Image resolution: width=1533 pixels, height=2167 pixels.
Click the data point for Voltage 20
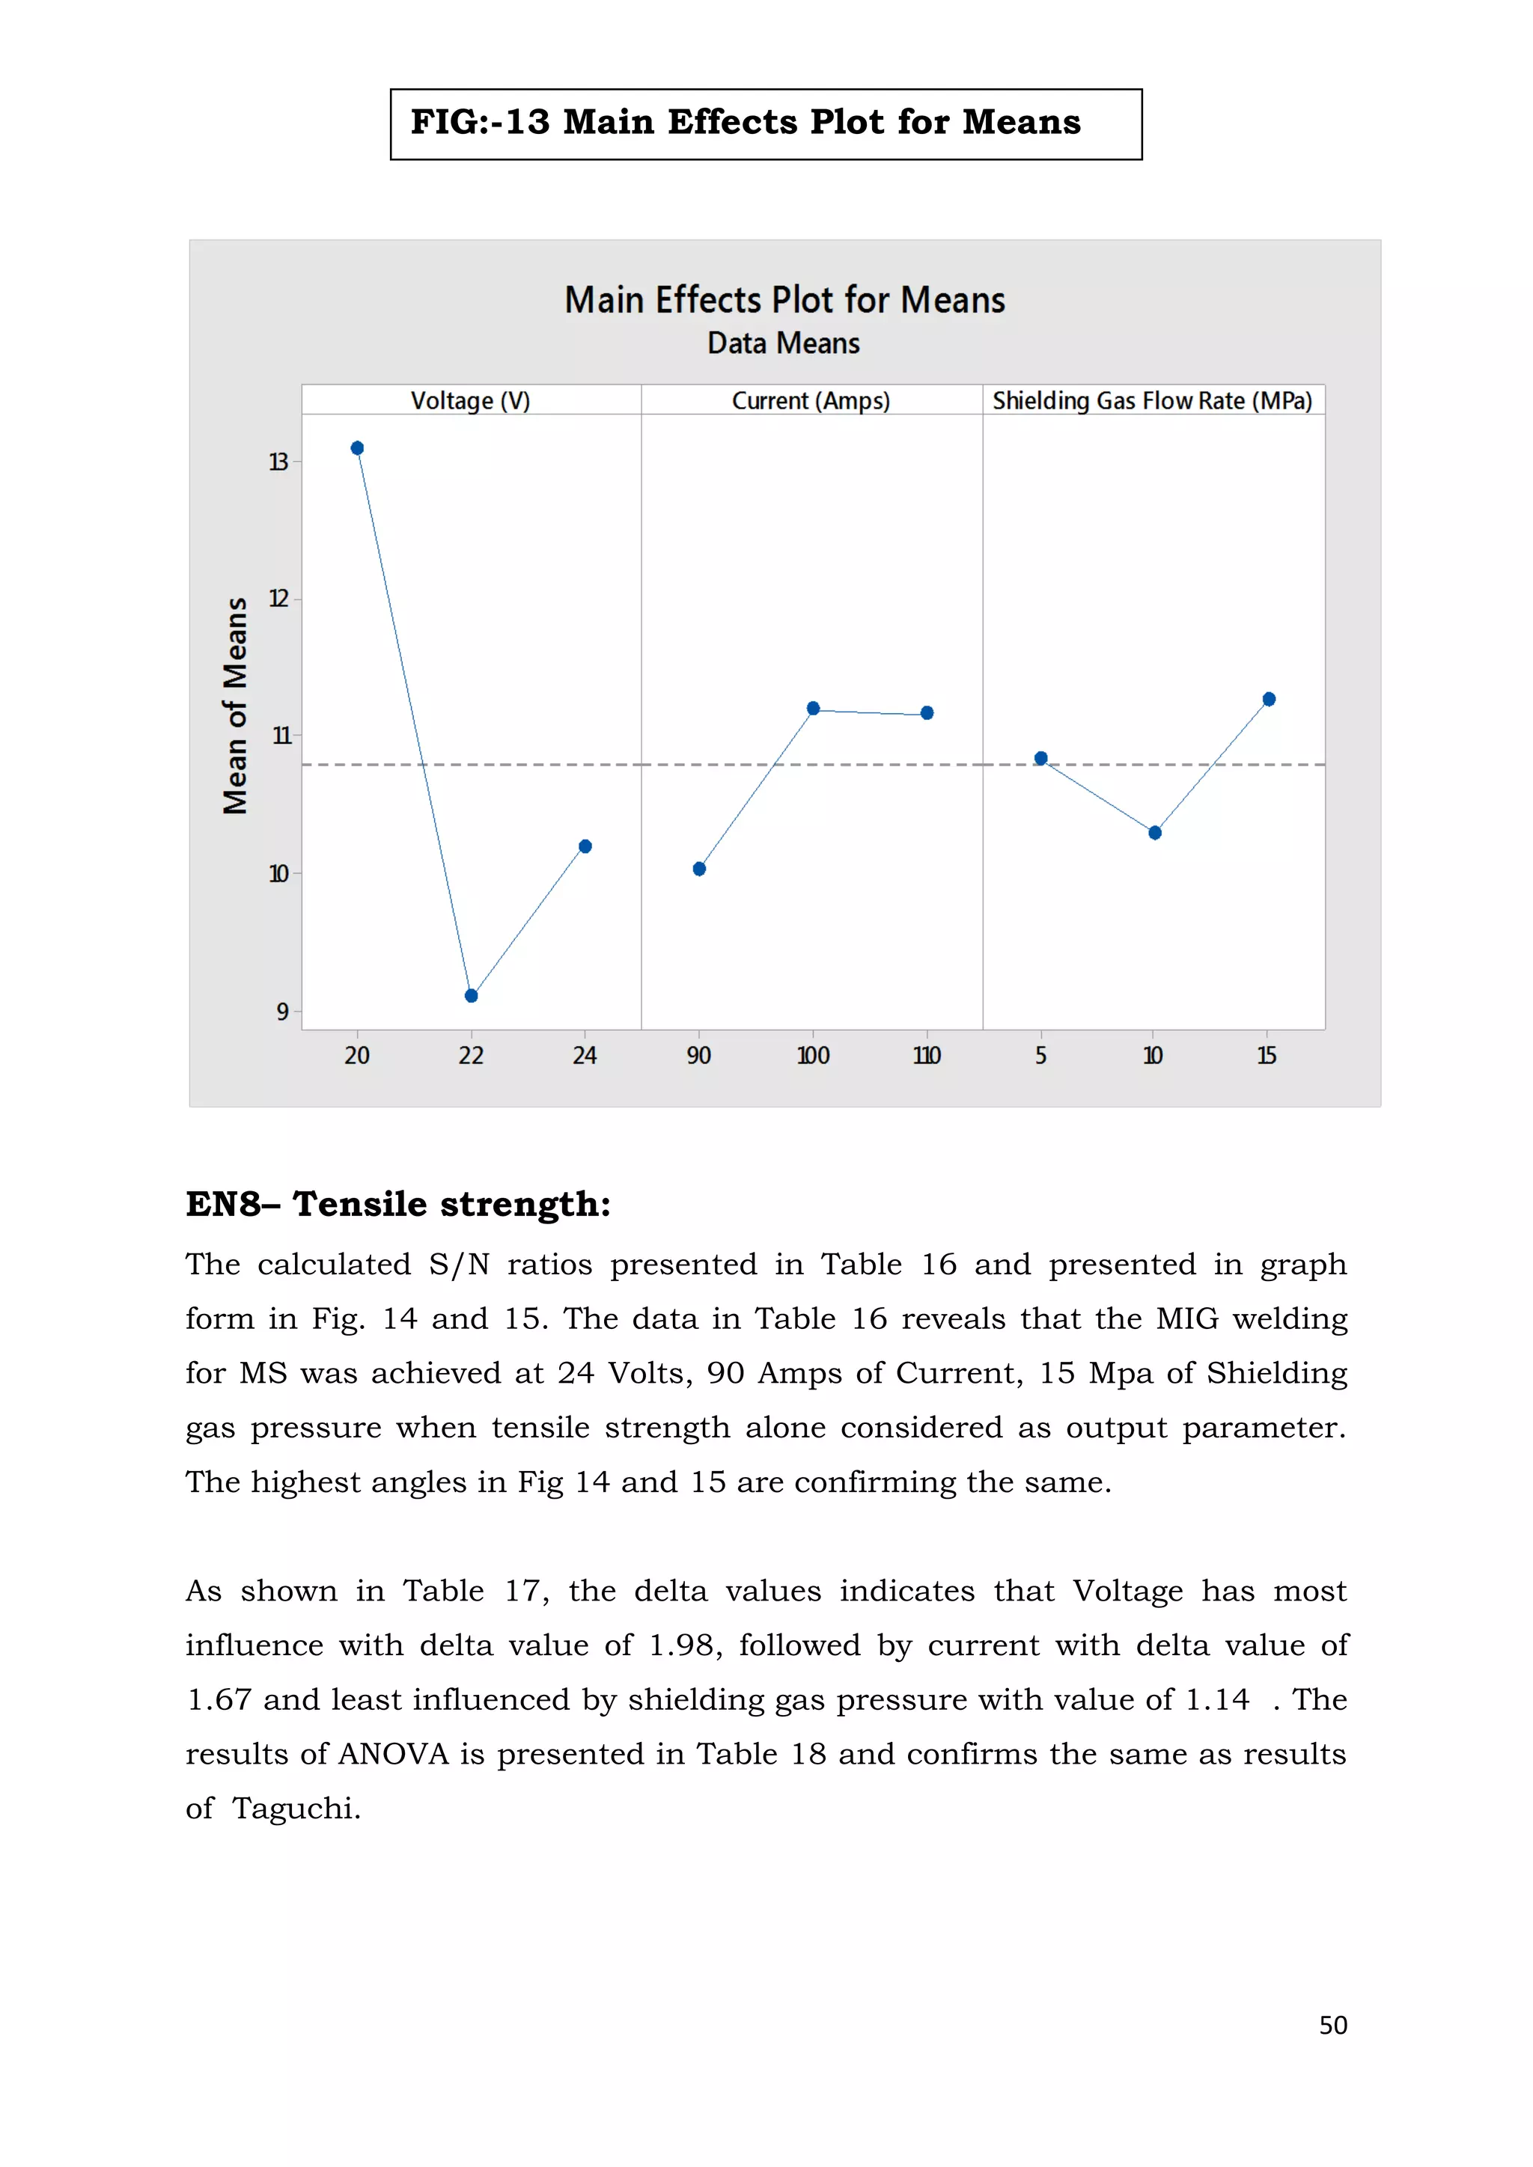pyautogui.click(x=357, y=448)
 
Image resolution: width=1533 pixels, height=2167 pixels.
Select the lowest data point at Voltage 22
pyautogui.click(x=471, y=996)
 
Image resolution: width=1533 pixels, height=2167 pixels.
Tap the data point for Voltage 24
pyautogui.click(x=585, y=846)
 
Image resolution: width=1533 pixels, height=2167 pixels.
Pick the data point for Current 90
pyautogui.click(x=699, y=869)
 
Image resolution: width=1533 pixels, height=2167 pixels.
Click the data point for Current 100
pyautogui.click(x=814, y=709)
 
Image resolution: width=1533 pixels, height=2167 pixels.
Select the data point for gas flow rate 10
pyautogui.click(x=1154, y=832)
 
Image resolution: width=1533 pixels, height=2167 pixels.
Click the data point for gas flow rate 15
pyautogui.click(x=1269, y=700)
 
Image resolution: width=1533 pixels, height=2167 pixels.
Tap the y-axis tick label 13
pyautogui.click(x=278, y=462)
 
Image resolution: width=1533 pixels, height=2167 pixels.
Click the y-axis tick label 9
pyautogui.click(x=282, y=1012)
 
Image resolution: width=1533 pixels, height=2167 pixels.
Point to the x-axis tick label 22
pyautogui.click(x=471, y=1056)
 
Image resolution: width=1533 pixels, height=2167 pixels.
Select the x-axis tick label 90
pyautogui.click(x=698, y=1056)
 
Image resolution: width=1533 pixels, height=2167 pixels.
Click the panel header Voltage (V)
pyautogui.click(x=470, y=401)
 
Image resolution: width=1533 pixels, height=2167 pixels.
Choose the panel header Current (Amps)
pyautogui.click(x=811, y=401)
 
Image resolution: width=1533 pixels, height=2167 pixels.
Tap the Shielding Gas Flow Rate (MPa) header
pyautogui.click(x=1153, y=401)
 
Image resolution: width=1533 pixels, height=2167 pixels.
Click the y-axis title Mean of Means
pyautogui.click(x=235, y=706)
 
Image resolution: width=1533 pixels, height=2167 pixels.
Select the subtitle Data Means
pyautogui.click(x=784, y=343)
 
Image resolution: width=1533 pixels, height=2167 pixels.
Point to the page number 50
pyautogui.click(x=1333, y=2026)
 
